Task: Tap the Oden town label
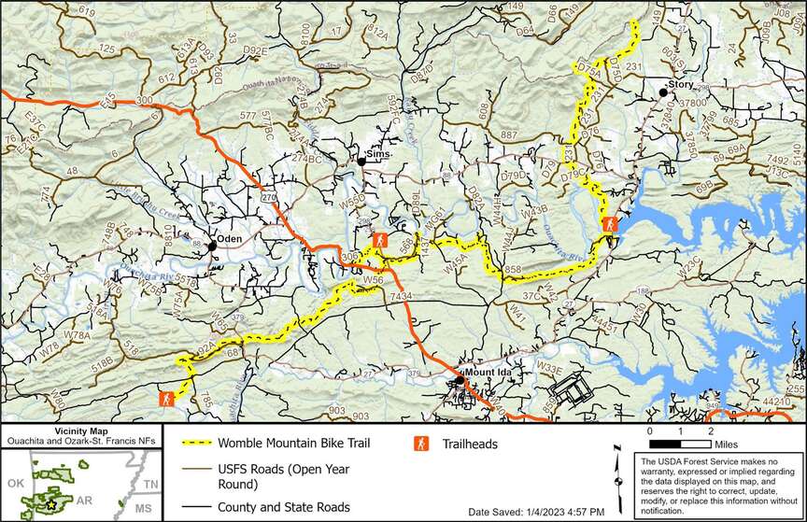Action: pyautogui.click(x=230, y=238)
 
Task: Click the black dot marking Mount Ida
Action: pyautogui.click(x=460, y=380)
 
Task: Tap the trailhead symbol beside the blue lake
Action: pyautogui.click(x=609, y=224)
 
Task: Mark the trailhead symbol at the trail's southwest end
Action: pyautogui.click(x=165, y=399)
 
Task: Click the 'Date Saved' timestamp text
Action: pyautogui.click(x=536, y=512)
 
